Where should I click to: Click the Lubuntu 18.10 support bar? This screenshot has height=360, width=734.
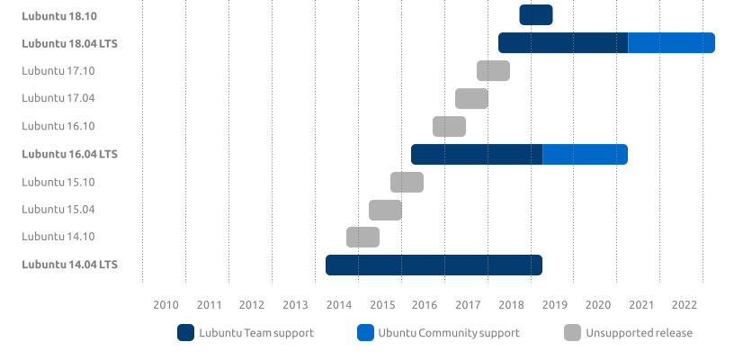click(535, 15)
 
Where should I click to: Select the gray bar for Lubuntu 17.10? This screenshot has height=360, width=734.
click(493, 71)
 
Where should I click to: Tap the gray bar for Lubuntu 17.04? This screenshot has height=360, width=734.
click(471, 99)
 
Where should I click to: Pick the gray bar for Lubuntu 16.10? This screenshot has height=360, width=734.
click(449, 127)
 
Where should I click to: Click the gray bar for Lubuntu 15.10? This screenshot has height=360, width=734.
click(407, 183)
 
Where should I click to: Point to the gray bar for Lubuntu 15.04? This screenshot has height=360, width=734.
click(385, 210)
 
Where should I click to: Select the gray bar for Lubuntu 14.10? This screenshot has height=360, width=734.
click(363, 238)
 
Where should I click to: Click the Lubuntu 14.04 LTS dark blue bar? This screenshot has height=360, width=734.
click(434, 265)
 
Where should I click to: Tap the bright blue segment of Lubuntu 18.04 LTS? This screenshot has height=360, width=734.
click(671, 43)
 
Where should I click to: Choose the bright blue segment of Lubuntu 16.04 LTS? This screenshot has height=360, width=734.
click(585, 155)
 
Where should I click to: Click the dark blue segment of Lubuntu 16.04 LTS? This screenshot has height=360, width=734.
click(477, 155)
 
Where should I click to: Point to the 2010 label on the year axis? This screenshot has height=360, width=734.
click(166, 305)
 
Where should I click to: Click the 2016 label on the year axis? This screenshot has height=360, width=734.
click(425, 305)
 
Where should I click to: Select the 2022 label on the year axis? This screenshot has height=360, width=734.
click(685, 305)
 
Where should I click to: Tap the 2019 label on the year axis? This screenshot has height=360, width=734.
click(555, 305)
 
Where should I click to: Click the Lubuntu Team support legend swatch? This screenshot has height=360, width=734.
click(186, 333)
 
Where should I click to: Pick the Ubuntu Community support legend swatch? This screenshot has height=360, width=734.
click(365, 333)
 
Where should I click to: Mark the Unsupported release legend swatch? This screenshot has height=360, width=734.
click(573, 333)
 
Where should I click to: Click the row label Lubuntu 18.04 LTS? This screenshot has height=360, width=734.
click(69, 43)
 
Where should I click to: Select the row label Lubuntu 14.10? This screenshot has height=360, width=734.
click(58, 237)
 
